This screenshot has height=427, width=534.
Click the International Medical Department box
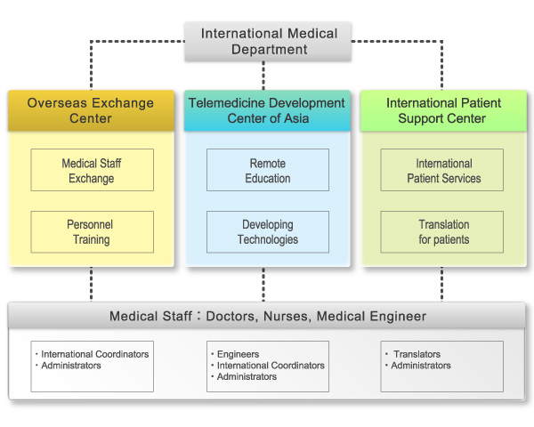[269, 42]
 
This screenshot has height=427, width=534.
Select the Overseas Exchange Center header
[90, 110]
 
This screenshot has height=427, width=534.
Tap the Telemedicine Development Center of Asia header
[266, 110]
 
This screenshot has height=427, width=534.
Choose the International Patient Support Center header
[441, 110]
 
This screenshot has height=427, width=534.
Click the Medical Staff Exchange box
[92, 170]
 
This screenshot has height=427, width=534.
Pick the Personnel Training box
[92, 231]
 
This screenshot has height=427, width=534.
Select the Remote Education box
[267, 170]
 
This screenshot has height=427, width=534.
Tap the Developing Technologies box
[267, 231]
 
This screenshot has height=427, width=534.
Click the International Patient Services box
[443, 170]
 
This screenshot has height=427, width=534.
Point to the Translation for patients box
[443, 231]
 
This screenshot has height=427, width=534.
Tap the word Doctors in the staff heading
[231, 316]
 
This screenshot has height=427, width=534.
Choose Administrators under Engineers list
[247, 377]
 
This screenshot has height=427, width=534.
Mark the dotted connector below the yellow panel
[92, 285]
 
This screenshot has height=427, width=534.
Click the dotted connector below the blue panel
[263, 285]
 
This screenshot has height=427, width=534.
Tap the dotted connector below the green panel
[441, 285]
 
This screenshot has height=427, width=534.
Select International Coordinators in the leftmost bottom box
[94, 354]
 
